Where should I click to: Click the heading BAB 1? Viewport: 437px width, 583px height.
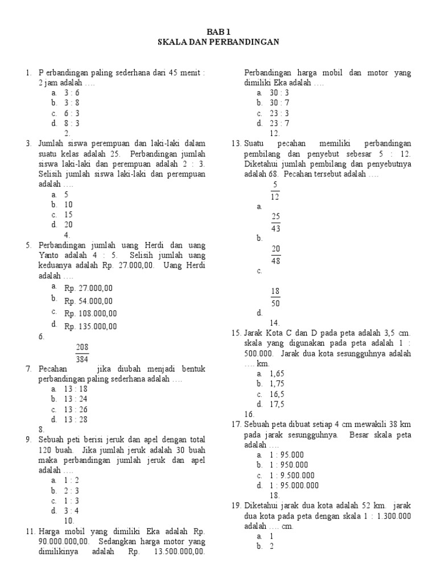click(x=218, y=32)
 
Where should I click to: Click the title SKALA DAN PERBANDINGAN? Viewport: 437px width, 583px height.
click(x=218, y=42)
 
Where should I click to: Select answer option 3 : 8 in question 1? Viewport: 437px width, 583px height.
click(x=71, y=102)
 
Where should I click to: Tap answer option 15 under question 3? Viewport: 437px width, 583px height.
click(x=69, y=215)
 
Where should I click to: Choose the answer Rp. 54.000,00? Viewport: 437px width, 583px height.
click(x=88, y=301)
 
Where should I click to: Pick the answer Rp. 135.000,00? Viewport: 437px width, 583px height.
click(x=90, y=326)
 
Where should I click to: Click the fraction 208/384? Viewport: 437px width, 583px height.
click(x=82, y=353)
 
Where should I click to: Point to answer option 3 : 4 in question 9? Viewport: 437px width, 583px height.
click(x=71, y=511)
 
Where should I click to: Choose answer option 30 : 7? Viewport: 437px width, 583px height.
click(x=279, y=102)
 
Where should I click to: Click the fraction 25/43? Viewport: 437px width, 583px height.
click(x=276, y=223)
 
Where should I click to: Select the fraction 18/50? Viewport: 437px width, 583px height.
click(x=275, y=297)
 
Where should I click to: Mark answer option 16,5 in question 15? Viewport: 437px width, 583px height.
click(x=277, y=394)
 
